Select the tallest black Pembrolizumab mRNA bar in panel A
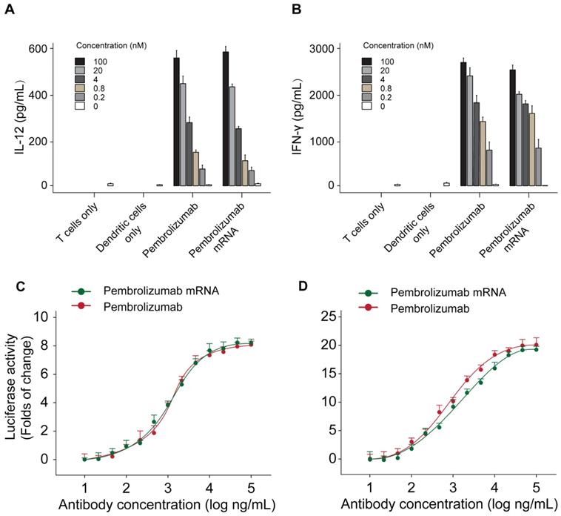pos(226,119)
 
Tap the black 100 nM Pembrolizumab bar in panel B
pos(463,124)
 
